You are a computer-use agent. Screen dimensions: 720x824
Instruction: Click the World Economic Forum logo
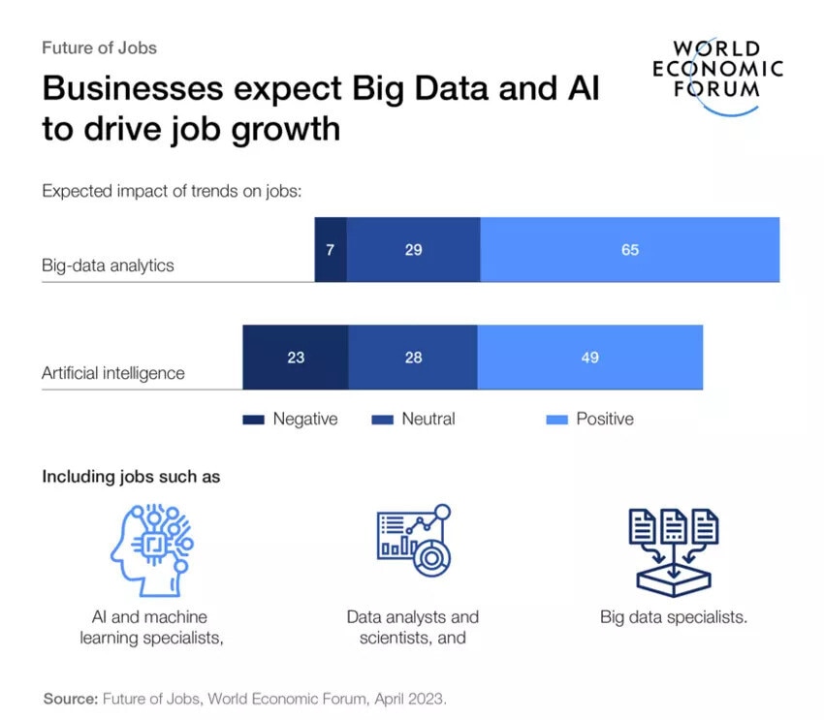point(717,76)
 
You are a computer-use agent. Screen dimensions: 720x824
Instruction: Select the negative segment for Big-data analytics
point(331,250)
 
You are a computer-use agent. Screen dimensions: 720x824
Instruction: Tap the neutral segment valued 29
point(413,250)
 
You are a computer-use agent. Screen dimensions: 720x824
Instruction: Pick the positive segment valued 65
point(630,250)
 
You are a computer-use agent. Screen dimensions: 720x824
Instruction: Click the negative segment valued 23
point(296,358)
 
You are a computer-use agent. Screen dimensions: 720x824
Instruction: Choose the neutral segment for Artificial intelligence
point(413,358)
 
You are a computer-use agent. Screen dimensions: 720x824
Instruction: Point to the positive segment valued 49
point(589,358)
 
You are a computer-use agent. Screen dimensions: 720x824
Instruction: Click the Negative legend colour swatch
point(253,420)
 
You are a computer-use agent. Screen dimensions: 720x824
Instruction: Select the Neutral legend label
point(428,420)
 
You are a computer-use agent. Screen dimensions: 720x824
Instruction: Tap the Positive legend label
point(605,420)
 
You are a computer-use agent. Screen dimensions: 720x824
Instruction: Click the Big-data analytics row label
point(108,266)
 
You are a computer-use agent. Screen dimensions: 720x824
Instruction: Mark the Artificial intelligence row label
point(112,373)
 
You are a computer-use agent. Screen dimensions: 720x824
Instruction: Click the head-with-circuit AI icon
point(144,549)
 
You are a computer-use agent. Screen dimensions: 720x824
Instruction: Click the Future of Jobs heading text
point(99,47)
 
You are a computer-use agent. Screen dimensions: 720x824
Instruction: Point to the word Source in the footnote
point(69,698)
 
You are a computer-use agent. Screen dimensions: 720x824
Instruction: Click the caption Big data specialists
point(674,617)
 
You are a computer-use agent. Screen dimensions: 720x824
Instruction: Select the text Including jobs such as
point(131,477)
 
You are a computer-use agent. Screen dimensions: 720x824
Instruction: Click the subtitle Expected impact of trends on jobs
point(173,191)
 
